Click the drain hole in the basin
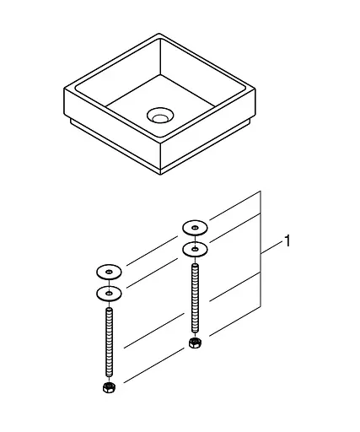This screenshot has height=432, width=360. coord(158,114)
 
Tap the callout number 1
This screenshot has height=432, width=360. coord(287,242)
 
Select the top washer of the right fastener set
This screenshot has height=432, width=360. coord(195,227)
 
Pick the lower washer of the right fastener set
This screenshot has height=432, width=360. coord(195,250)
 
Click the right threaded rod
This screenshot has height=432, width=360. coord(195,299)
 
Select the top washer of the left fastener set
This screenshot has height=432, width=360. coord(109,272)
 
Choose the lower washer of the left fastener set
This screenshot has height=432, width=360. coord(109,293)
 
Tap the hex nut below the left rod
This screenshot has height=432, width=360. coord(109,387)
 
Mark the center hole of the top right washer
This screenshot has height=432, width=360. coord(195,227)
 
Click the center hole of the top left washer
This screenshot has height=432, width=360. coord(109,272)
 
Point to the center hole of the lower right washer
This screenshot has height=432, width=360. coord(195,250)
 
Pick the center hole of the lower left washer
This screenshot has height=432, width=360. coord(109,293)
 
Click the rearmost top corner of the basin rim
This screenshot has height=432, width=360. coord(158,35)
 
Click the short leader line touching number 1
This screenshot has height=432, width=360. coord(271,247)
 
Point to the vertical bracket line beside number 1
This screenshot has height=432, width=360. coord(261,253)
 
